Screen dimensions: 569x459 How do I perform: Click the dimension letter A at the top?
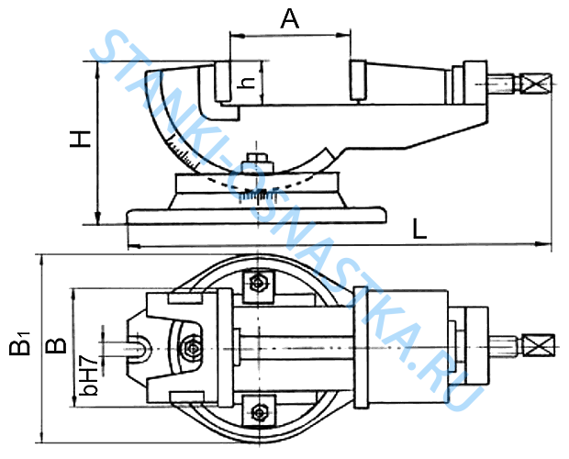(x=290, y=19)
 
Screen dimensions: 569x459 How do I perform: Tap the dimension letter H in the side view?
(x=80, y=139)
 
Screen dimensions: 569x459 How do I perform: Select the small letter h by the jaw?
(x=246, y=84)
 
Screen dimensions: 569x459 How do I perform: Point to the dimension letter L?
(x=419, y=229)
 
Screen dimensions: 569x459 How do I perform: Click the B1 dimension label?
(x=20, y=343)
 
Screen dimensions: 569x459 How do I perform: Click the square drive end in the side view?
(x=536, y=84)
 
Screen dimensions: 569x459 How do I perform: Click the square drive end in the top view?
(x=539, y=345)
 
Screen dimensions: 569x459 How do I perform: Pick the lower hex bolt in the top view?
(x=259, y=412)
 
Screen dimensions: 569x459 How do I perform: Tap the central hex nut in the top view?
(x=192, y=348)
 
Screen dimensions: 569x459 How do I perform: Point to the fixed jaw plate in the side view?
(x=222, y=82)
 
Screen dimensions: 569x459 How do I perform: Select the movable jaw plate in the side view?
(x=358, y=80)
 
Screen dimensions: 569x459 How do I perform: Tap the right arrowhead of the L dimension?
(x=543, y=244)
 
